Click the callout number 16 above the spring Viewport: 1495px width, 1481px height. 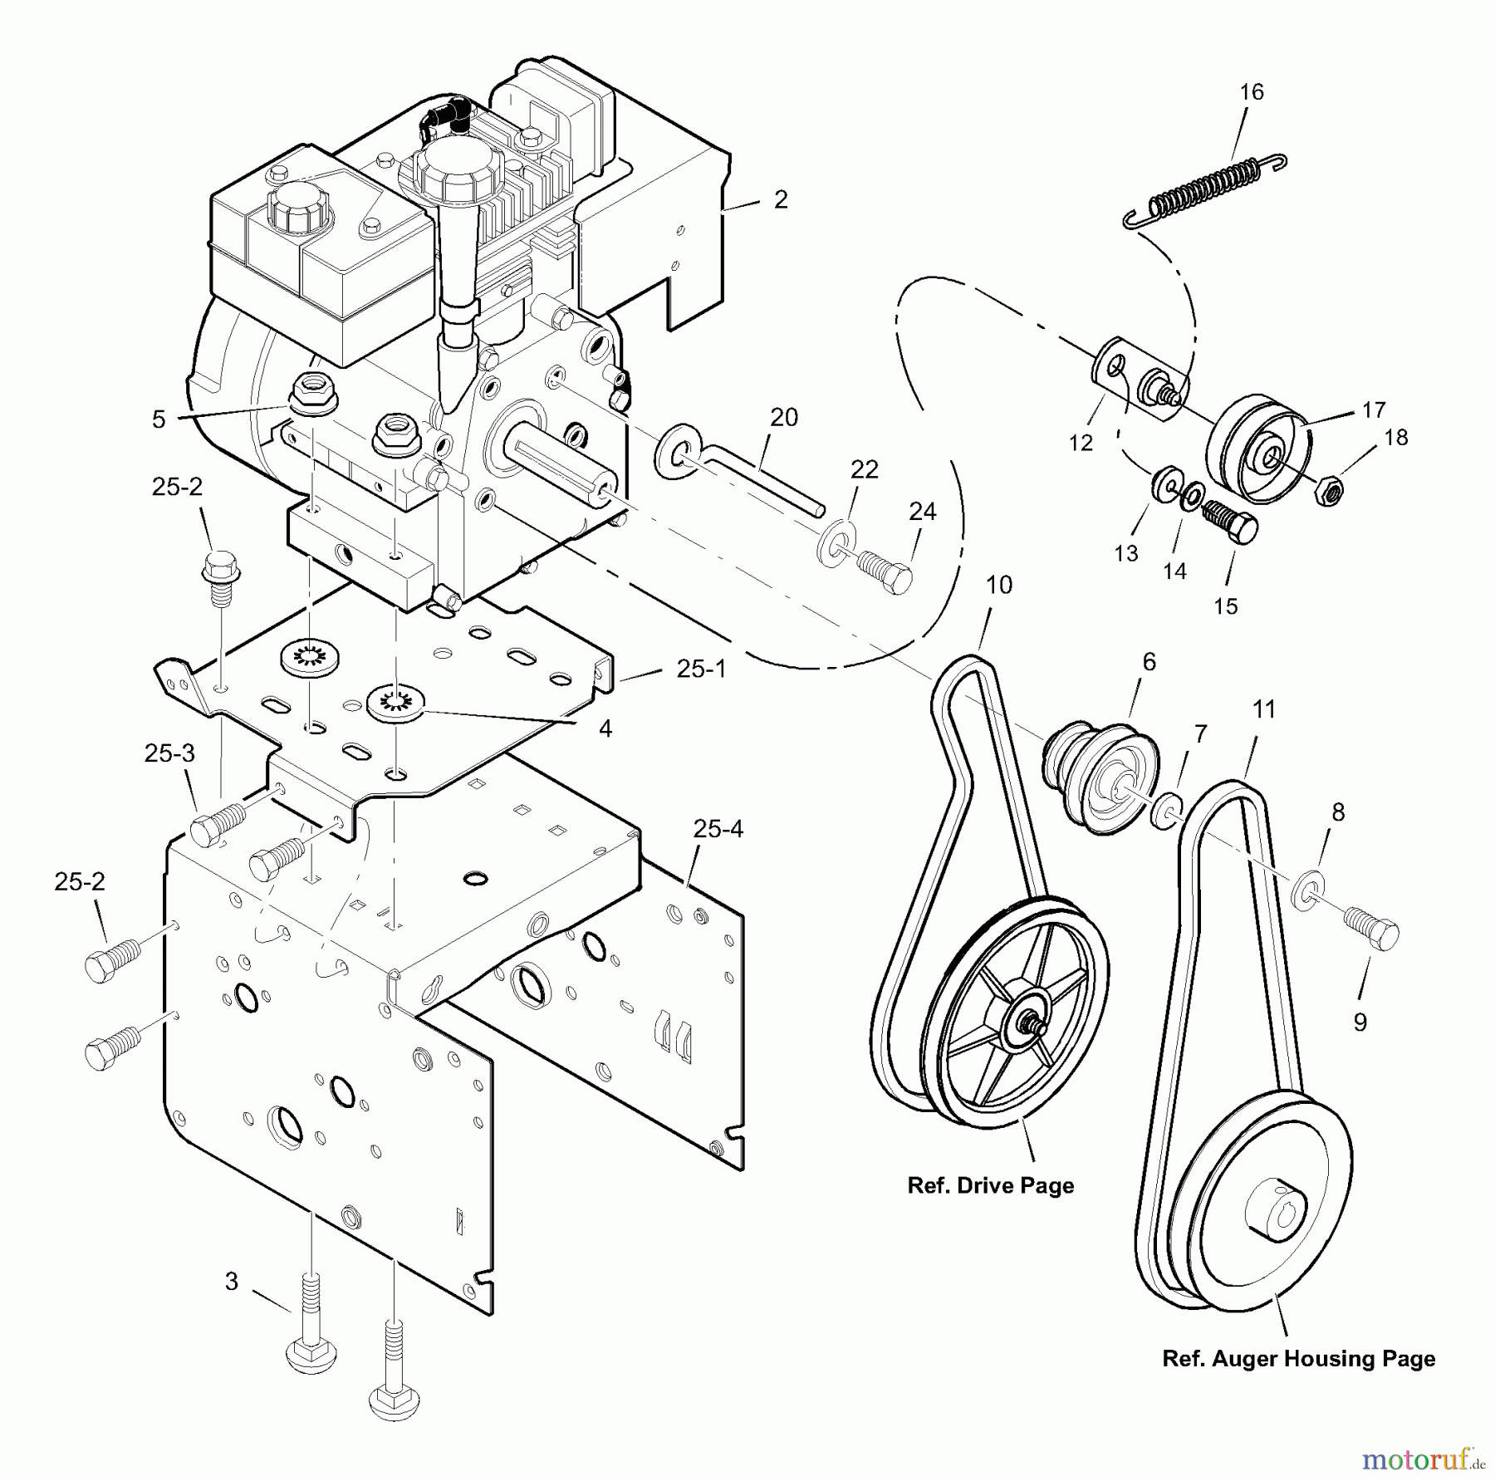(1251, 92)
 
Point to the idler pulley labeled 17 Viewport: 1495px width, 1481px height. (1259, 456)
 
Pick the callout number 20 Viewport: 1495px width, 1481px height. (783, 418)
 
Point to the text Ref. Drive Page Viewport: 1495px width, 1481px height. (990, 1185)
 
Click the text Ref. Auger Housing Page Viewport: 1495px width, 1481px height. (1298, 1359)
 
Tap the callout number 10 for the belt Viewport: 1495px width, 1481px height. (998, 586)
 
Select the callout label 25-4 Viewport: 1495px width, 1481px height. (718, 829)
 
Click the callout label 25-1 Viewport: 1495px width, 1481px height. (701, 669)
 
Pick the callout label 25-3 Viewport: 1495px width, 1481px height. (169, 754)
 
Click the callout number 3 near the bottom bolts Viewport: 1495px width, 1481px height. (232, 1282)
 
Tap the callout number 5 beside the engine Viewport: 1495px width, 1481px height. (159, 419)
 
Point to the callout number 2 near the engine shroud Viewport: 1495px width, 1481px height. (780, 200)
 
